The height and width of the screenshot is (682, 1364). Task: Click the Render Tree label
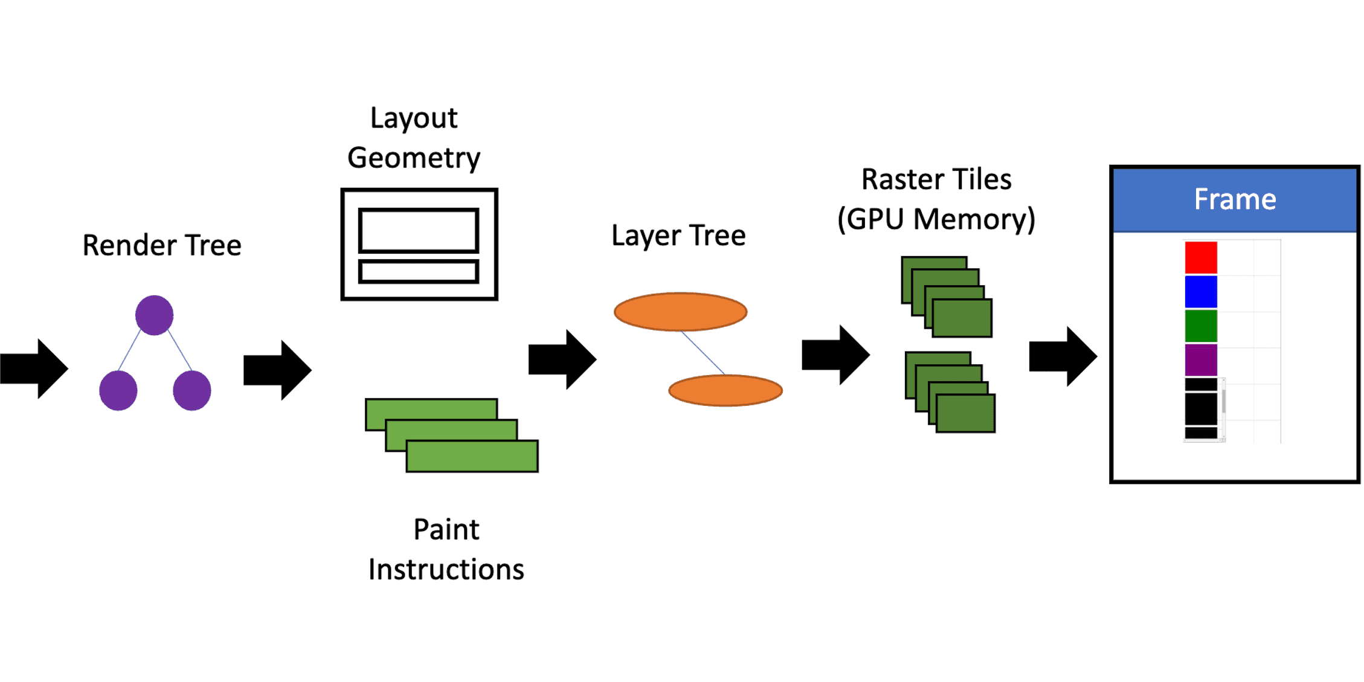tap(162, 245)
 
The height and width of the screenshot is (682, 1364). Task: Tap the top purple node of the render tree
tap(154, 315)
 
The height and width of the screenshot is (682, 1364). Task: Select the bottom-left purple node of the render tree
tap(118, 390)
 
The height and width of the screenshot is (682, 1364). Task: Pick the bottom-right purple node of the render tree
tap(192, 390)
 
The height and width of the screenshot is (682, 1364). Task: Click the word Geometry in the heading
tap(414, 158)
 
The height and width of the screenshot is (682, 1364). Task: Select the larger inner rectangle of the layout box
tap(419, 230)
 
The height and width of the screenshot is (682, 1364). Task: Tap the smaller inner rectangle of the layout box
tap(419, 271)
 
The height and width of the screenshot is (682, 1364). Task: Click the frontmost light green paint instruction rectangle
tap(472, 456)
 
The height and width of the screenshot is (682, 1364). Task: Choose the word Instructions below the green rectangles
tap(446, 569)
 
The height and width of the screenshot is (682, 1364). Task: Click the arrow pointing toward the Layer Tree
tap(562, 359)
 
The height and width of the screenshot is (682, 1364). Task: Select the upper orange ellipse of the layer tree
tap(680, 312)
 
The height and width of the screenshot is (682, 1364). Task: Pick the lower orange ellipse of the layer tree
tap(725, 390)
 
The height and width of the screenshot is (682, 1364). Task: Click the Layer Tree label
tap(678, 236)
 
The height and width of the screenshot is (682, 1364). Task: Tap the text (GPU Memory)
tap(936, 219)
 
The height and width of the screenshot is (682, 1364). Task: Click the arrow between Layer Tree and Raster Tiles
tap(835, 355)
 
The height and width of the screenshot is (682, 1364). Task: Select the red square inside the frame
tap(1201, 257)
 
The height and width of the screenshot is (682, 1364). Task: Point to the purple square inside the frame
tap(1201, 360)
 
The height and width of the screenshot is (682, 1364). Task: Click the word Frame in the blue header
tap(1235, 199)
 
